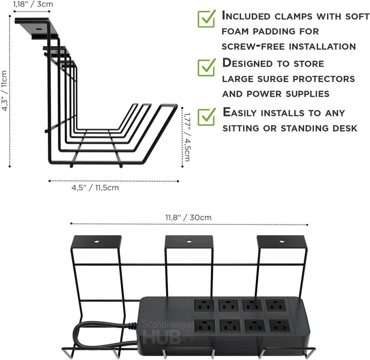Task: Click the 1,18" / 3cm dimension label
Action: (x=33, y=4)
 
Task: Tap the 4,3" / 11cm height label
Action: (x=5, y=90)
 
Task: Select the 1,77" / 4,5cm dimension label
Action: (x=187, y=137)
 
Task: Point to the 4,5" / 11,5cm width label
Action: (x=95, y=187)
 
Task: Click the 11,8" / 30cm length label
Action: (x=188, y=217)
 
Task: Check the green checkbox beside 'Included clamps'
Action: (x=207, y=18)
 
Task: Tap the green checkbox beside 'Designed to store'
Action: (x=207, y=67)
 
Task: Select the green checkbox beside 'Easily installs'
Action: (x=207, y=117)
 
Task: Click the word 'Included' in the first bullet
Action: (x=246, y=16)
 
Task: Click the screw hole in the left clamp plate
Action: (x=97, y=241)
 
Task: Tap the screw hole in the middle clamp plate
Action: (x=189, y=241)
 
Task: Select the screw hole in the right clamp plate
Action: (x=282, y=241)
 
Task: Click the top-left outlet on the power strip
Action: (x=204, y=305)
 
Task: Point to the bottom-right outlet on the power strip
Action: (x=280, y=326)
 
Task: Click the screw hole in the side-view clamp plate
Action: (x=39, y=29)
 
